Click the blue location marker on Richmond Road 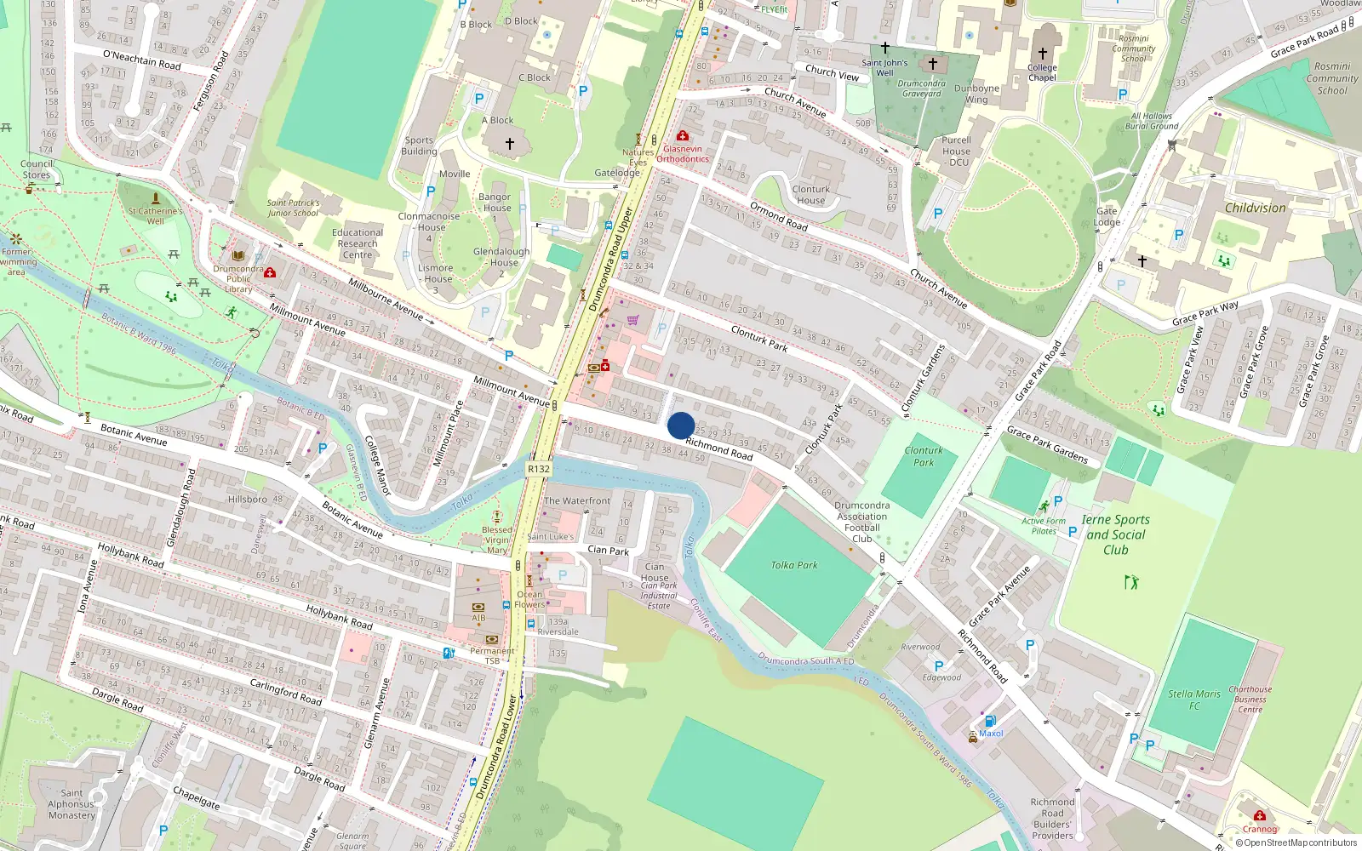point(681,425)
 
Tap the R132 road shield point(539,469)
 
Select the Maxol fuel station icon point(989,721)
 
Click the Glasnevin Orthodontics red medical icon point(682,136)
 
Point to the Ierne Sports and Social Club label point(1115,534)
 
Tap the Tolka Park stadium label point(793,565)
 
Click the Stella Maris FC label point(1193,700)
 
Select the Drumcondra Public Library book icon point(238,255)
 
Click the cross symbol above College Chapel point(1042,53)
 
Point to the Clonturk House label point(810,195)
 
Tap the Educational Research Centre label point(358,243)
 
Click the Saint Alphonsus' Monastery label point(72,804)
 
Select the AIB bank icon point(478,608)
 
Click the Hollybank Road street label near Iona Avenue point(130,555)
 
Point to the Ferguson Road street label point(210,82)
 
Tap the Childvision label point(1255,208)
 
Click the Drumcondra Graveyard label point(921,89)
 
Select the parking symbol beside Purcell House point(937,214)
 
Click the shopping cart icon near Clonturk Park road point(632,320)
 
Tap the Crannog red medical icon point(1259,815)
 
